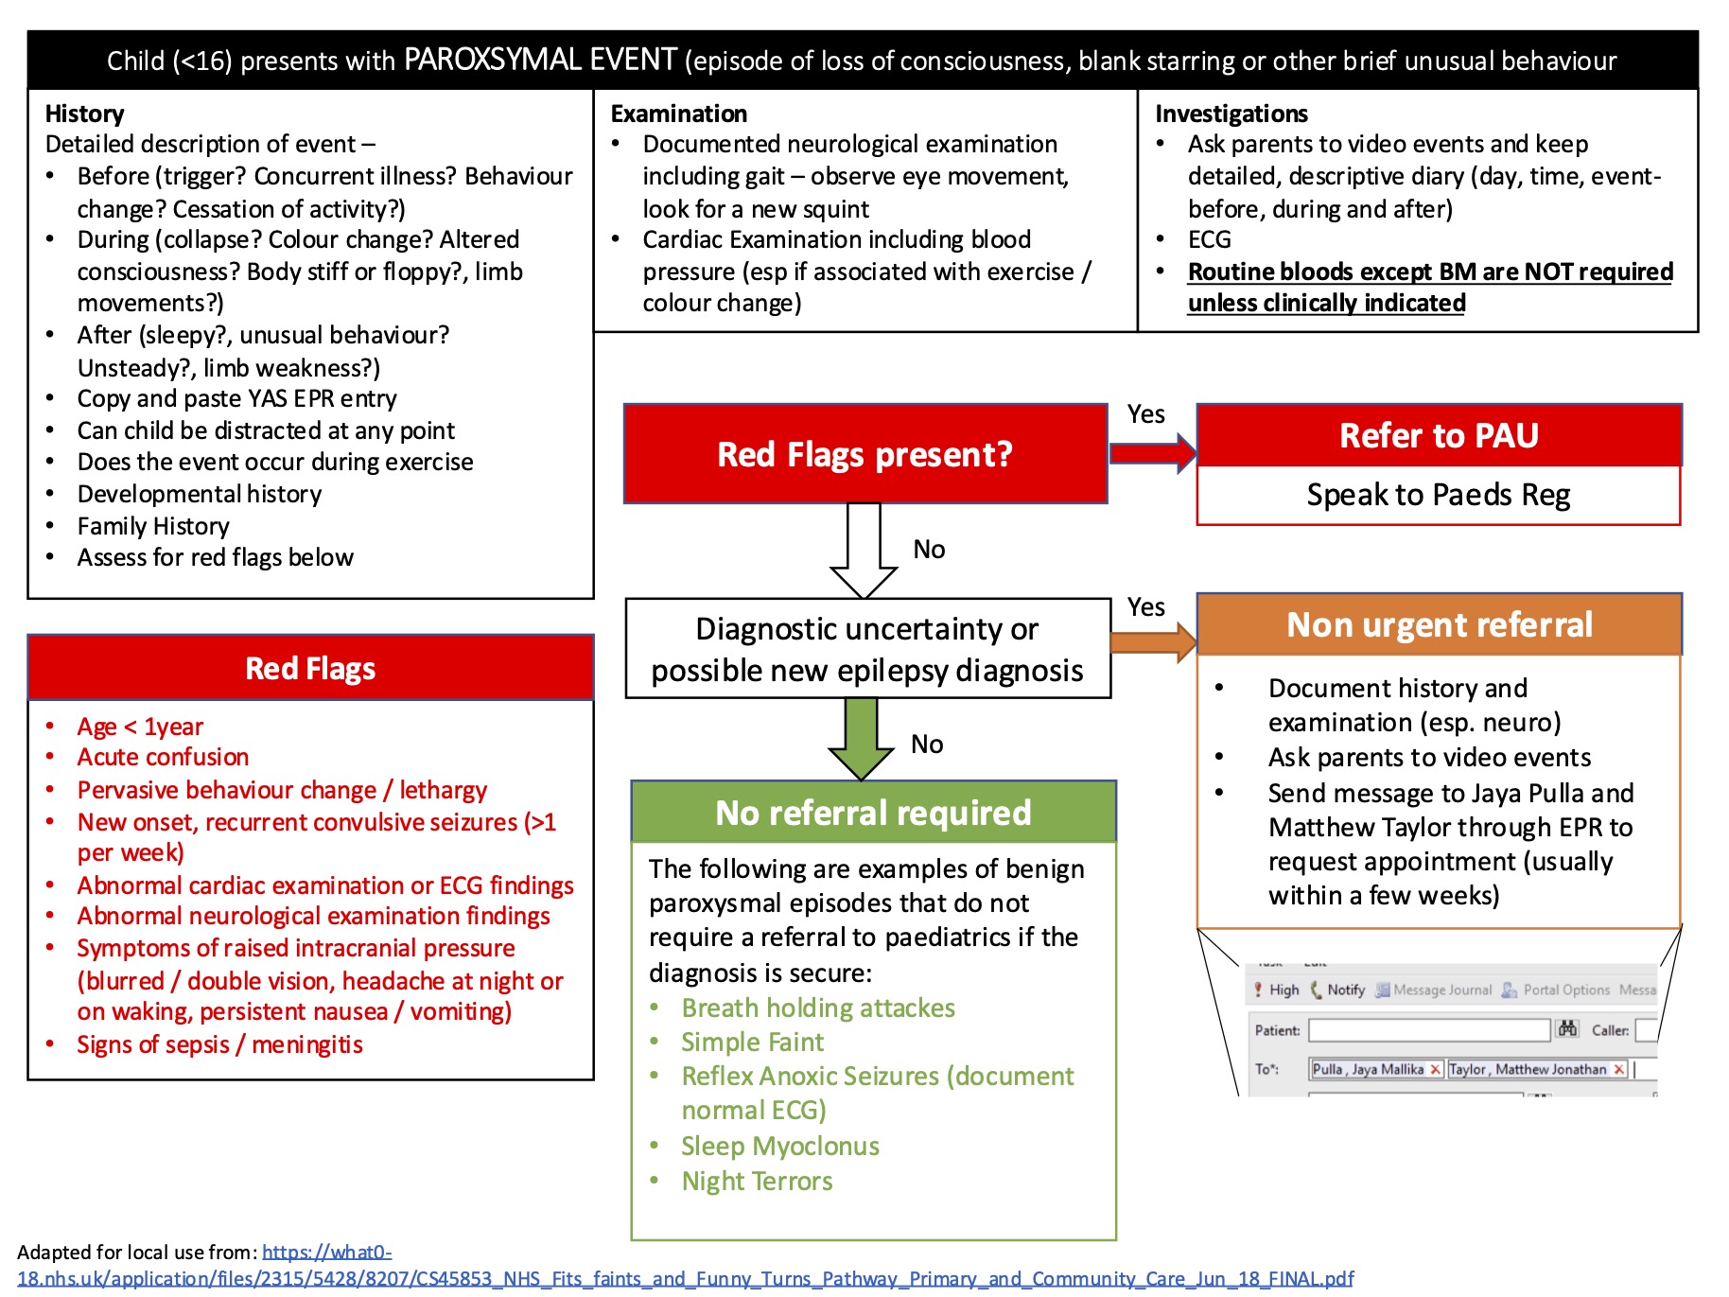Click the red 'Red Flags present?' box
tap(864, 454)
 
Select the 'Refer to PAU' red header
tap(1439, 435)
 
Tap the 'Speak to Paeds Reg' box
tap(1439, 495)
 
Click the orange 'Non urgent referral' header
tap(1439, 624)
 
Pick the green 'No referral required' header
tap(873, 812)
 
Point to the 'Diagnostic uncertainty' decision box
tap(867, 649)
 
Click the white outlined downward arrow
tap(864, 550)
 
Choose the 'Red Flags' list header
tap(310, 668)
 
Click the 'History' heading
tap(84, 114)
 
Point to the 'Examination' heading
tap(678, 114)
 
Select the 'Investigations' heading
tap(1231, 114)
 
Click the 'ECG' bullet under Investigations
tap(1209, 239)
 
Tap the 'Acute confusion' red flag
tap(163, 757)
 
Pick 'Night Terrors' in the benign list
tap(757, 1181)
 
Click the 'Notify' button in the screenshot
tap(1344, 990)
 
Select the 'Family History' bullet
tap(153, 525)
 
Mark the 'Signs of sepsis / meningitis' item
tap(219, 1044)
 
